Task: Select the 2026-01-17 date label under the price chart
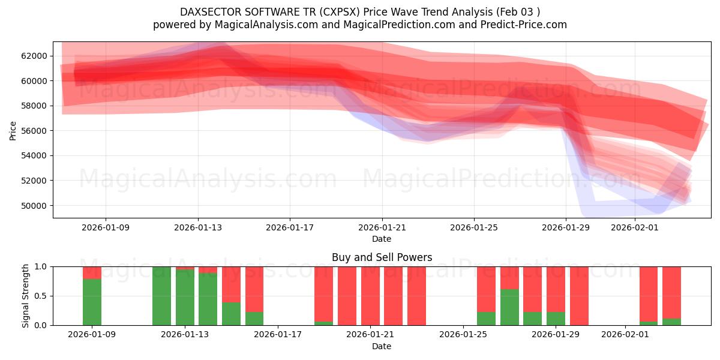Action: [x=290, y=228]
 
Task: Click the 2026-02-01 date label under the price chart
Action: [x=635, y=228]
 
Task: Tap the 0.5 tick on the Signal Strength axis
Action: [x=42, y=296]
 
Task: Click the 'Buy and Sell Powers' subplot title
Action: [x=382, y=257]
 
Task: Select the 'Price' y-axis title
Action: [x=13, y=130]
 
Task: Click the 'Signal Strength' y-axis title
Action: [x=26, y=296]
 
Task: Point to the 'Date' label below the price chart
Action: [x=382, y=239]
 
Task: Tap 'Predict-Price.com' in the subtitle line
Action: [x=525, y=25]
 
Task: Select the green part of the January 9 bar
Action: [x=92, y=302]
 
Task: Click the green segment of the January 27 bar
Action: [x=509, y=307]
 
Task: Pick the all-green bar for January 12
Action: [x=161, y=296]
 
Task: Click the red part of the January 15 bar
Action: [x=231, y=284]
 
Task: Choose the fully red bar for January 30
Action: [x=579, y=296]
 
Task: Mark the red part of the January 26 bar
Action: [x=486, y=289]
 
